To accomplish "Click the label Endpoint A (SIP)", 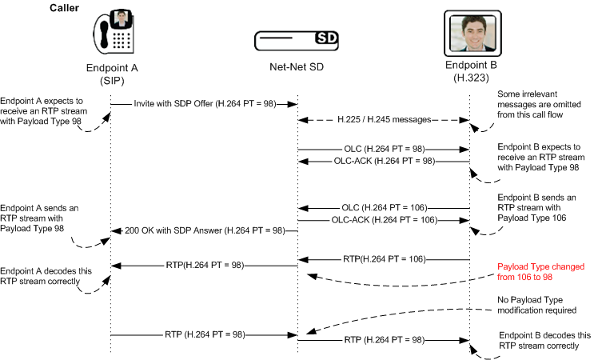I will click(111, 75).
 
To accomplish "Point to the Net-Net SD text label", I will click(297, 69).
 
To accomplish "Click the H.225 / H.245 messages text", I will click(382, 119).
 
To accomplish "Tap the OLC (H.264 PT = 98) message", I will click(384, 149).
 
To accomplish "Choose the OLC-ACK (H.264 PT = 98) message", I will click(384, 161).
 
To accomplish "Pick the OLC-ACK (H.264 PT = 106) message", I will click(384, 219).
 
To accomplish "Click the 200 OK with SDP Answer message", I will click(205, 230).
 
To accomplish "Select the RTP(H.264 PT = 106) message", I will click(384, 258).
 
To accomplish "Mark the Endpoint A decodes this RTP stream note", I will click(40, 275).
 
